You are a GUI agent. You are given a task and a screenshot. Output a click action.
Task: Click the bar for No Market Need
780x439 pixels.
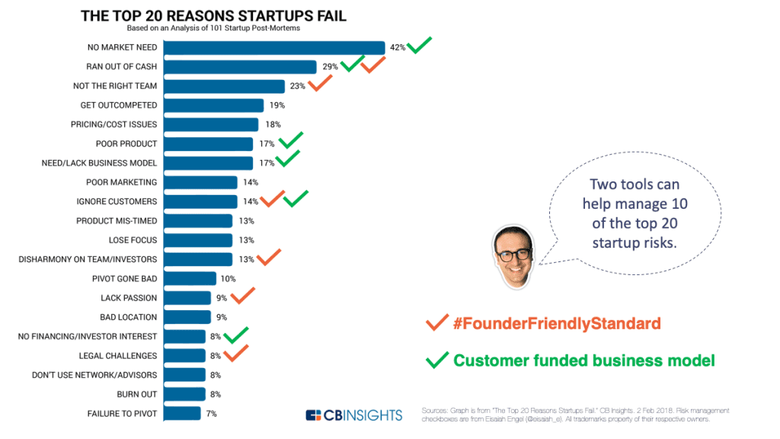(x=274, y=47)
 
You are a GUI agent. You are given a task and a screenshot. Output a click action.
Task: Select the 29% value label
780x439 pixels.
(x=330, y=67)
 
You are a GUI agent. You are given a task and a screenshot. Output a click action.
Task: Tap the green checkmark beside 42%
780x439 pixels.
(x=420, y=46)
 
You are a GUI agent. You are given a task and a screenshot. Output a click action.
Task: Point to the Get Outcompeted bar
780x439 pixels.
(x=214, y=105)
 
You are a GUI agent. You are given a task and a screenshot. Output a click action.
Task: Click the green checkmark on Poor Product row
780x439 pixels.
(x=291, y=141)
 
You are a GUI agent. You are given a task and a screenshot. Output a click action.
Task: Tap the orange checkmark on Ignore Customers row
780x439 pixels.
(x=272, y=200)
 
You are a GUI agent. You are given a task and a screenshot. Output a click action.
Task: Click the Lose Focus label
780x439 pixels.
(x=133, y=240)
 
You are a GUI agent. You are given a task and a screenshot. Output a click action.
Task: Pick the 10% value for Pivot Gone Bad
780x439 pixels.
(x=228, y=279)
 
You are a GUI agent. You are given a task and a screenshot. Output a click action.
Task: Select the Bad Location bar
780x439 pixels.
(x=187, y=317)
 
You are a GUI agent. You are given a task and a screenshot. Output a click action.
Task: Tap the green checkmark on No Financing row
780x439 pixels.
(x=237, y=335)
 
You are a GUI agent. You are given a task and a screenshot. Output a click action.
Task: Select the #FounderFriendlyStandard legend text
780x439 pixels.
(x=556, y=324)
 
